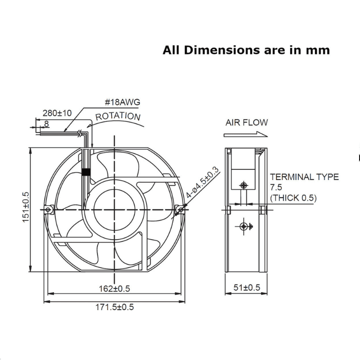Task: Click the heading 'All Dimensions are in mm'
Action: [246, 50]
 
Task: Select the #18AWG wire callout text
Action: [122, 102]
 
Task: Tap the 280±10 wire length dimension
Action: [57, 113]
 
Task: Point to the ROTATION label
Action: [118, 117]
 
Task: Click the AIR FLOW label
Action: [247, 122]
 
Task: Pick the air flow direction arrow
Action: [246, 134]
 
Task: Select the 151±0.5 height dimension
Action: [26, 207]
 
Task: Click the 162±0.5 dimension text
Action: [114, 288]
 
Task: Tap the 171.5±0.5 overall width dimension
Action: [115, 307]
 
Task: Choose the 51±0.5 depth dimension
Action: [247, 288]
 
